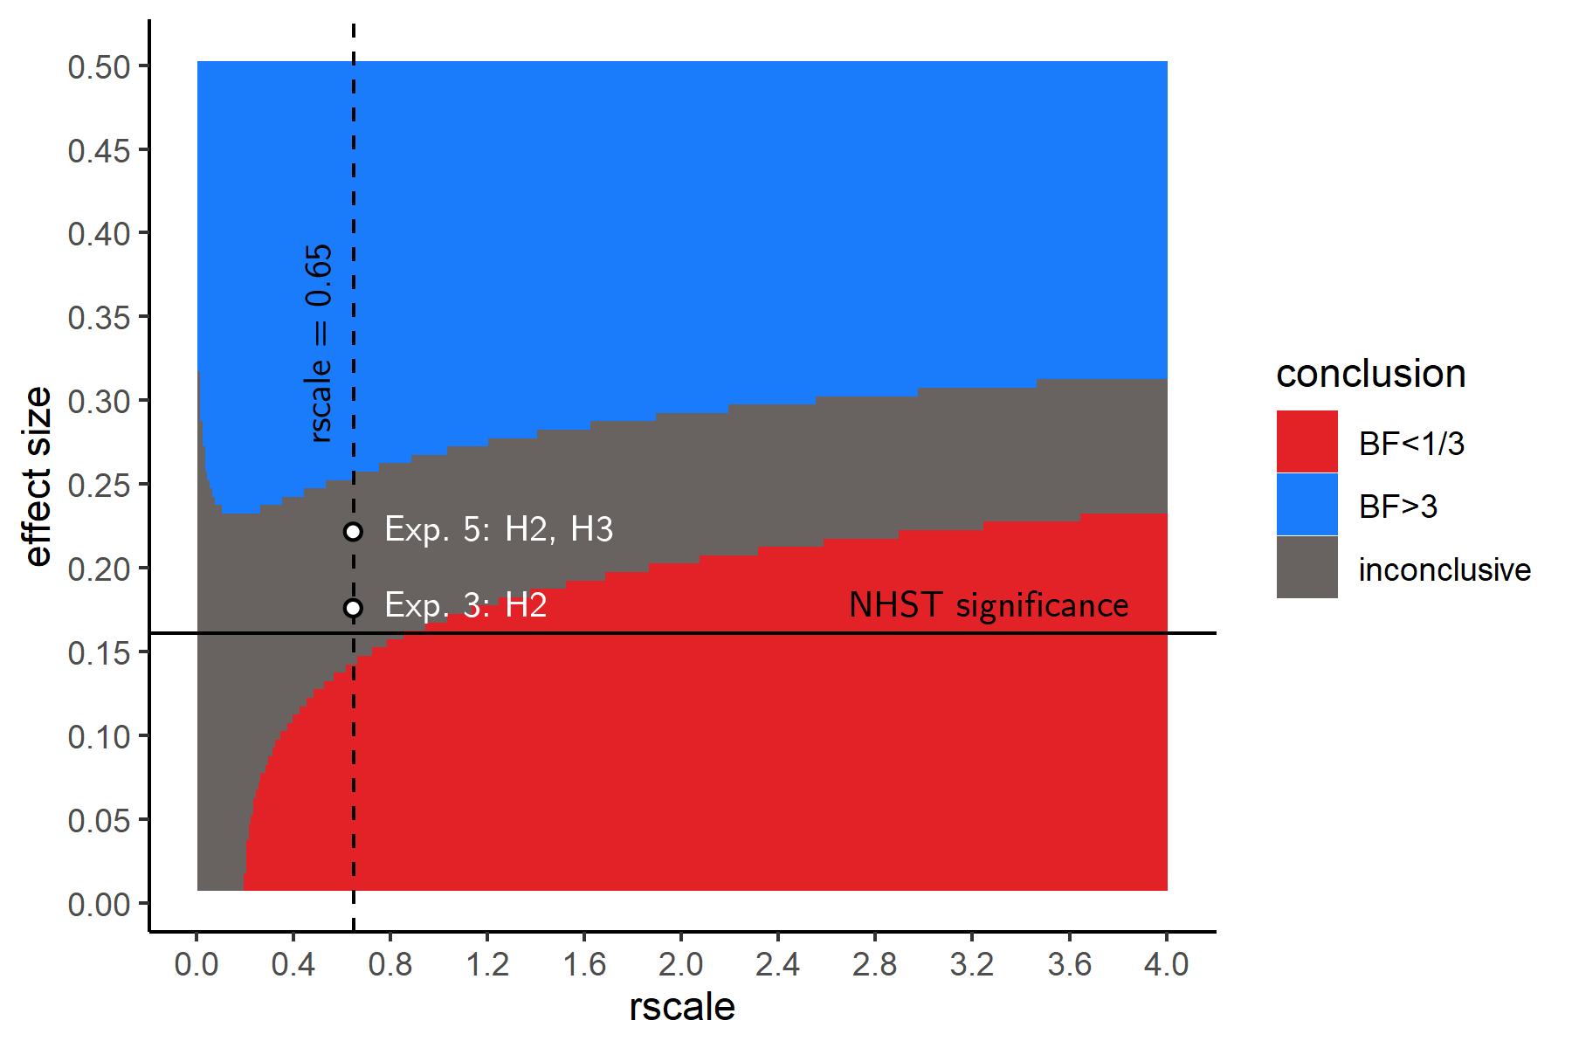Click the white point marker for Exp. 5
353,531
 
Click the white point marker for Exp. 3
353,608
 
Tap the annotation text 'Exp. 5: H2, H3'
499,529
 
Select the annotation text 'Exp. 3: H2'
465,605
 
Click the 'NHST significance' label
989,605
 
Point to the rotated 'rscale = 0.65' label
320,343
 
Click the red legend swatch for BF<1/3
1307,442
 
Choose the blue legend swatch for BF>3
1307,505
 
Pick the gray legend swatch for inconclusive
1307,568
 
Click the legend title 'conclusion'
1370,374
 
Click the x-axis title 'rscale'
681,1007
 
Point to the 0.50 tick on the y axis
99,67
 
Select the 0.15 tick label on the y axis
99,653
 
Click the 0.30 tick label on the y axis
99,402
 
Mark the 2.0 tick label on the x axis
681,965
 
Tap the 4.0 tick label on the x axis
1166,965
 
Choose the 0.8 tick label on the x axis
390,965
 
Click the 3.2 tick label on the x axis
972,965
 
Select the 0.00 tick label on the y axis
99,904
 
